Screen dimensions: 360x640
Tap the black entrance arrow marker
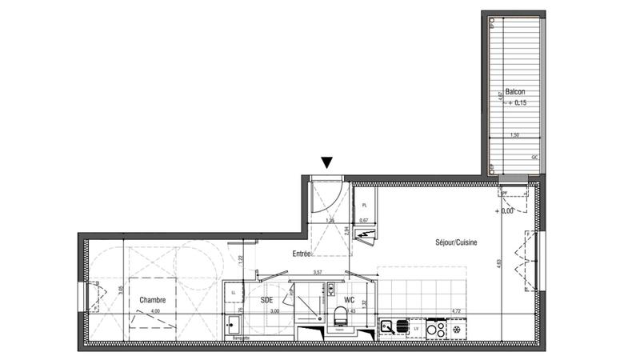click(x=326, y=163)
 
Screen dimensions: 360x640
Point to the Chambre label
click(x=152, y=301)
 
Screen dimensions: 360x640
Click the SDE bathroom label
click(x=267, y=301)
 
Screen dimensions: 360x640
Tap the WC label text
click(x=349, y=301)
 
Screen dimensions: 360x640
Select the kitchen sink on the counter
click(x=387, y=326)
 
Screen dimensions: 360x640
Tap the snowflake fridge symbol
click(x=457, y=328)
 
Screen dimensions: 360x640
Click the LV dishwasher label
click(x=414, y=327)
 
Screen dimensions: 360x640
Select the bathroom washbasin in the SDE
click(x=233, y=325)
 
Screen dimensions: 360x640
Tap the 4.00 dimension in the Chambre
click(x=155, y=311)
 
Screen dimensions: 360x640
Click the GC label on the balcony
click(x=534, y=158)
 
